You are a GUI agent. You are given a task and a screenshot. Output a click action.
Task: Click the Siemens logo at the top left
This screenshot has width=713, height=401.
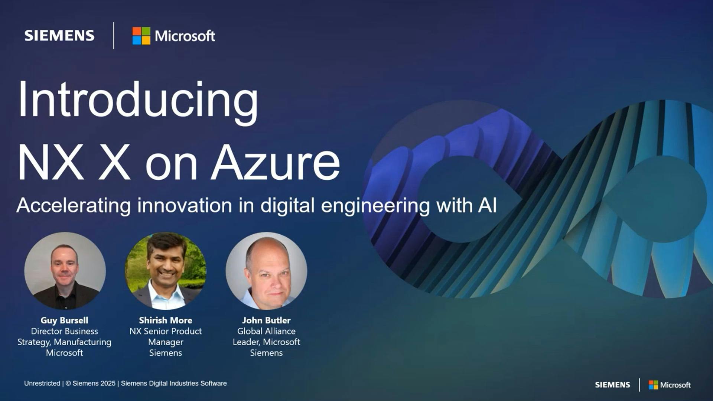point(59,36)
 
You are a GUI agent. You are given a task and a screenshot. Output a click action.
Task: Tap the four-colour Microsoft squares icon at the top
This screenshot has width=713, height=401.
point(141,36)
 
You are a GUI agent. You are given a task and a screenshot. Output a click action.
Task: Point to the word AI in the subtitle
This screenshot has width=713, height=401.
point(487,205)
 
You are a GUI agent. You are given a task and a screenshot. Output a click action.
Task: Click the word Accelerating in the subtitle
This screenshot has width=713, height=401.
point(74,205)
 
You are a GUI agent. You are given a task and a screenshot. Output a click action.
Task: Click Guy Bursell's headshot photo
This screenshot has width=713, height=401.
point(65,271)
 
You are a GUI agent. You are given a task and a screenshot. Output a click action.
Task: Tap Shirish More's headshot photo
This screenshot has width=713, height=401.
point(166,271)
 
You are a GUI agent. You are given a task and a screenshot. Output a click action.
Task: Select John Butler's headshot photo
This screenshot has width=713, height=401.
point(266,271)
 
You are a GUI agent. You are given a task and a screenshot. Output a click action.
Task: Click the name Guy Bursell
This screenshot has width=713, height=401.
point(64,320)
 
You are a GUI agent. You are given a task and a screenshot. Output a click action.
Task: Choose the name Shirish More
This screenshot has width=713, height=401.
point(166,320)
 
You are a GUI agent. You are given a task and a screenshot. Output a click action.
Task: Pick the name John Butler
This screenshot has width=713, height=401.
point(266,320)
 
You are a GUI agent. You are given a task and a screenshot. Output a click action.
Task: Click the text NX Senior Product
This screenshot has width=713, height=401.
point(166,331)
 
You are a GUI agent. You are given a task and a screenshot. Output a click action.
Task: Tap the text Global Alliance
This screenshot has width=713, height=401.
point(266,331)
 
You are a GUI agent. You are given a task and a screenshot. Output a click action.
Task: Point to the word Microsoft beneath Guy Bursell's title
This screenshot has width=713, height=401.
point(64,353)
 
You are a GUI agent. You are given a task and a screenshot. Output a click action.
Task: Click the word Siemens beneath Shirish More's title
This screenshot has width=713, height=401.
point(166,353)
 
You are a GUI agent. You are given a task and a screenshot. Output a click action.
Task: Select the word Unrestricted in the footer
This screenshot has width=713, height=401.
point(42,383)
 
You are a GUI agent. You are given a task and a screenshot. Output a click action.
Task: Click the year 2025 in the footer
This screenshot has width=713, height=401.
point(108,383)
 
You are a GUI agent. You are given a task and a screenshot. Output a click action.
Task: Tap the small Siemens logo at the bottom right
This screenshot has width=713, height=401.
point(612,385)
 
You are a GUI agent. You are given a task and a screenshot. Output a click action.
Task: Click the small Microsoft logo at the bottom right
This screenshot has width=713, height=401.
point(670,385)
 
